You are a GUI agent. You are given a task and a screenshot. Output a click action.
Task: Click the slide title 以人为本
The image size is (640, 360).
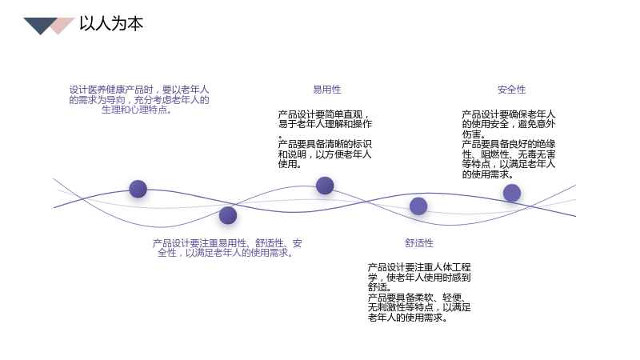(111, 24)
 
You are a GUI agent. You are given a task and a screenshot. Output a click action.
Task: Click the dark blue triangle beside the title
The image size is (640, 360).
(40, 24)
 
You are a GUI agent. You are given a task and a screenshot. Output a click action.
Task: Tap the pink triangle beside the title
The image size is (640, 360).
(62, 26)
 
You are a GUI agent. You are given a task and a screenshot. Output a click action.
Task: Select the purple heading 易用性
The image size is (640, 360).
(327, 90)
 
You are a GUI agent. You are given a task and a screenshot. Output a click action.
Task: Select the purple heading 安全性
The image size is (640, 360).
(512, 90)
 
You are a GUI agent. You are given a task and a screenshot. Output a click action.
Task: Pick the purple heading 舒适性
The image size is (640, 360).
(419, 243)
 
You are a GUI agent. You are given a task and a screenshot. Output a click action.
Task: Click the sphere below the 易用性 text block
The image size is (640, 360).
(325, 186)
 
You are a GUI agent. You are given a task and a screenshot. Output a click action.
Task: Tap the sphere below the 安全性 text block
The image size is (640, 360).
(512, 193)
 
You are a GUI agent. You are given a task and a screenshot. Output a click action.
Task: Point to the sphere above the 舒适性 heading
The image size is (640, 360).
(418, 206)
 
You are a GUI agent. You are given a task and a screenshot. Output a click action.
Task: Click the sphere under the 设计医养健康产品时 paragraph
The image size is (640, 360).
(138, 189)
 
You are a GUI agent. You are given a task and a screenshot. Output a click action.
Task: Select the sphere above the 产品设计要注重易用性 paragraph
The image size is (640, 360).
(228, 215)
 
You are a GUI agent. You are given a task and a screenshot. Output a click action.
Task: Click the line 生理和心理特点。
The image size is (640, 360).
(137, 110)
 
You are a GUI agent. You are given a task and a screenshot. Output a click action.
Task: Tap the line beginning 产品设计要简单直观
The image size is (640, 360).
(324, 114)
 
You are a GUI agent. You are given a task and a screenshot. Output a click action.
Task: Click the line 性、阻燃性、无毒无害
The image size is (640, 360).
(509, 154)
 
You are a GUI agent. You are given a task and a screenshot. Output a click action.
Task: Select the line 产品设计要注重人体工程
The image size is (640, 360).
(419, 267)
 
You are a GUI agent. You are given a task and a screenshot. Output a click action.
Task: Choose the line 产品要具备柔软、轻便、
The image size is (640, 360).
(417, 298)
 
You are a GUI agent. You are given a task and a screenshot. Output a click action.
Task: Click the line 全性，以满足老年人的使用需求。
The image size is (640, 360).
(226, 253)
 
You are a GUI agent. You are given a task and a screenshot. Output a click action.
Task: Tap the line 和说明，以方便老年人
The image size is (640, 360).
(325, 154)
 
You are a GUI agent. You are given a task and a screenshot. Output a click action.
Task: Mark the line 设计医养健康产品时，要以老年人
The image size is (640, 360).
(138, 90)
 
